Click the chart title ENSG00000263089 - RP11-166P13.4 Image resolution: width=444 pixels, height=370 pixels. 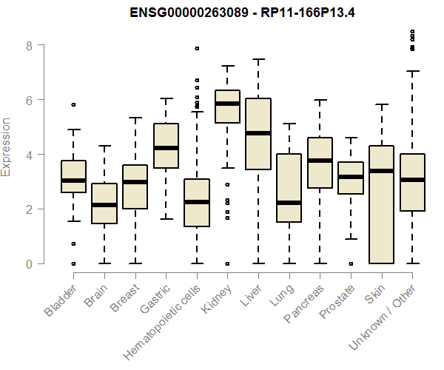222,13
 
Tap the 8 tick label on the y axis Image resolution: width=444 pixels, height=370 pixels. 29,45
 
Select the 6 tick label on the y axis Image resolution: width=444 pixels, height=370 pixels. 29,100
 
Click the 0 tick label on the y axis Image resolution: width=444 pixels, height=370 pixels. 29,264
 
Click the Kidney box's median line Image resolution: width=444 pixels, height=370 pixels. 227,104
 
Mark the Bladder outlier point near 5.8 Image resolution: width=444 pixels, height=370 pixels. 73,105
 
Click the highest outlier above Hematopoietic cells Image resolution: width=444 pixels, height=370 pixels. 197,48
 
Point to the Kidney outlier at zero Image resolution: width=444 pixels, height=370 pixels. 227,263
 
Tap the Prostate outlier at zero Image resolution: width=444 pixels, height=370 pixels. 351,263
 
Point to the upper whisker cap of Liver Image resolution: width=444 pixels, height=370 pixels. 258,58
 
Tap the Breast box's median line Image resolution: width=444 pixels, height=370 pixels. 135,182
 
